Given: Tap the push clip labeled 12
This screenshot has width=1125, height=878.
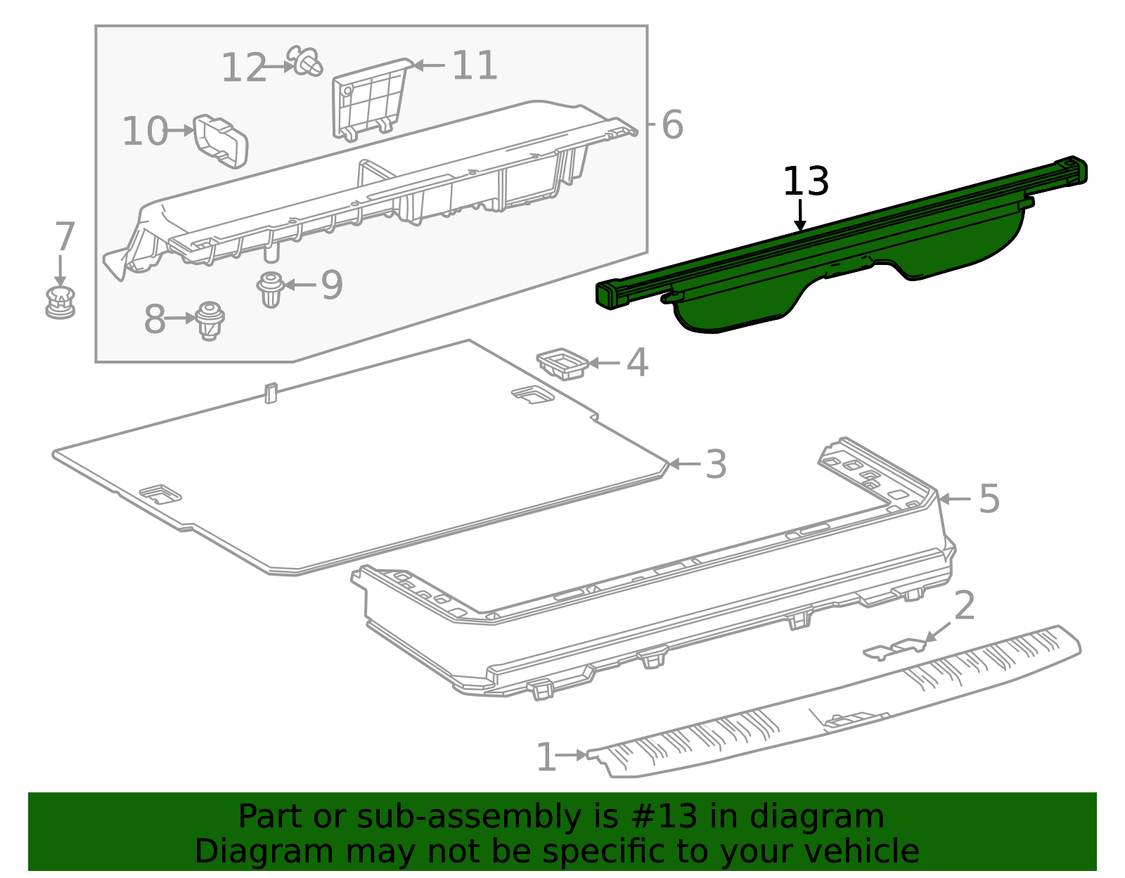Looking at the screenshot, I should click(306, 62).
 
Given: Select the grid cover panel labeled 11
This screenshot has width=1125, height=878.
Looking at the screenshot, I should click(369, 99).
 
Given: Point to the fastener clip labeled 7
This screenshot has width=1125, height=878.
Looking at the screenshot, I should click(60, 303).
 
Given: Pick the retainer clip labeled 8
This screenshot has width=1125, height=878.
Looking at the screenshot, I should click(209, 321).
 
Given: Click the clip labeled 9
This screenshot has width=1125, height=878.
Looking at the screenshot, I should click(271, 289).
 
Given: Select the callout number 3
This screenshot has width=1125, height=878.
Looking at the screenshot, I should click(715, 465).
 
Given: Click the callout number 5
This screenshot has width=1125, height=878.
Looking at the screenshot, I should click(989, 498).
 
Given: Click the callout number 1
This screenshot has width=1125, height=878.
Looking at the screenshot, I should click(546, 757).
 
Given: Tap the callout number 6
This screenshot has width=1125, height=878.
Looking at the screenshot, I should click(671, 125).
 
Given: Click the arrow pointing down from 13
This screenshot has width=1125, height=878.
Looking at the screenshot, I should click(800, 215).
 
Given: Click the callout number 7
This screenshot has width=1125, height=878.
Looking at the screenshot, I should click(64, 237).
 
